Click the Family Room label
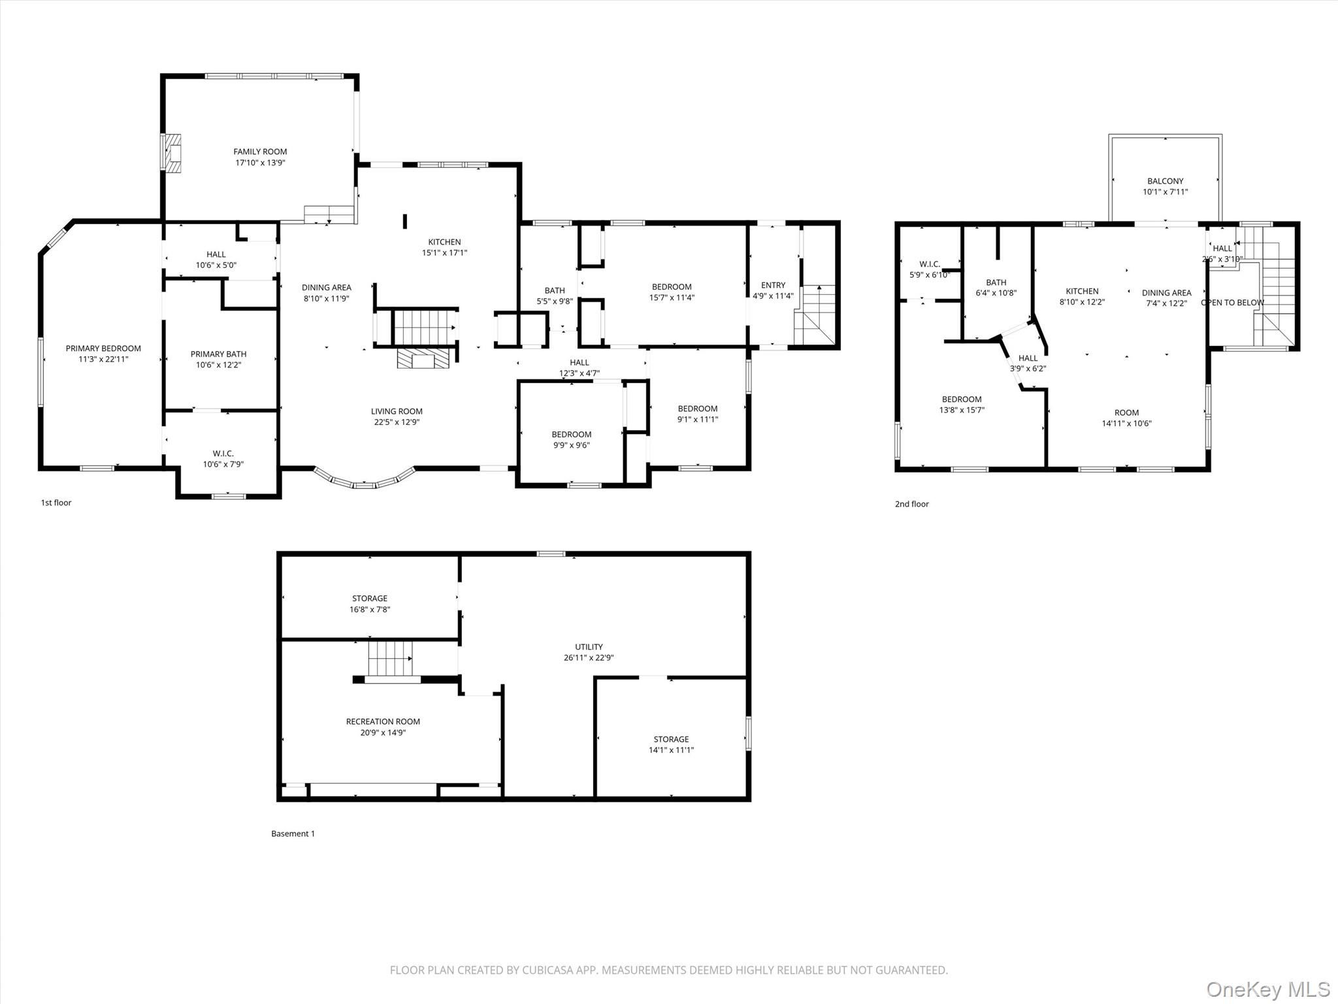[x=260, y=152]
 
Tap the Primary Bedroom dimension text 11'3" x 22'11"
[x=103, y=359]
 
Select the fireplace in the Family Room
[x=172, y=154]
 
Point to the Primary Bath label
[x=218, y=354]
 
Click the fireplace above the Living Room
[x=424, y=358]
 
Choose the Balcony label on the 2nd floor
[x=1166, y=181]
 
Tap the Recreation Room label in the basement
[x=383, y=722]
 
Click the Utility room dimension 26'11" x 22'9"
[x=589, y=658]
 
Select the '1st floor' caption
[x=56, y=503]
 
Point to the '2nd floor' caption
[x=911, y=504]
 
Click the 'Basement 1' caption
[x=293, y=833]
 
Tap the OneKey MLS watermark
[x=1268, y=989]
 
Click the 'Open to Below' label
[x=1232, y=303]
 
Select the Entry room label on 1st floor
[x=773, y=285]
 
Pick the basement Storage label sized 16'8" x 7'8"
[x=370, y=598]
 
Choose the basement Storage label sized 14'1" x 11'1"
[x=671, y=739]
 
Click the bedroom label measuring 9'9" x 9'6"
[x=572, y=434]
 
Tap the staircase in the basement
[x=391, y=659]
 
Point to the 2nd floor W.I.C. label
[x=930, y=264]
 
